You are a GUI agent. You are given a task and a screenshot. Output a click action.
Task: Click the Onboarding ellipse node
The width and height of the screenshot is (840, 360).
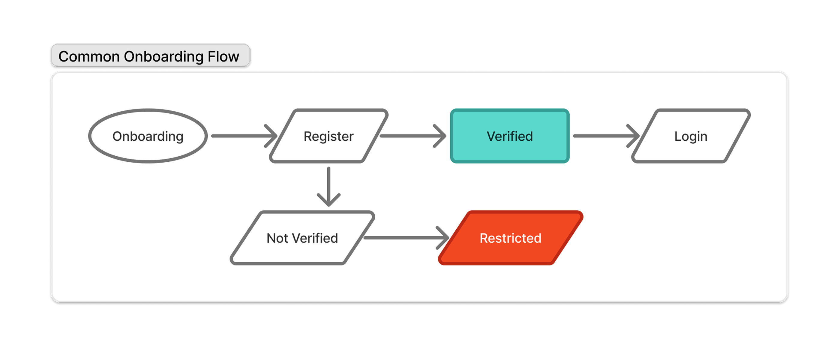[x=148, y=136]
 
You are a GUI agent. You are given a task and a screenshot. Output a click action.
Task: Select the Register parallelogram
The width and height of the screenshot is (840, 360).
[x=328, y=136]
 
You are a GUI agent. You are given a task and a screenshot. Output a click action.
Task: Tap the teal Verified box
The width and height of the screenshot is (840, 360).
[x=510, y=136]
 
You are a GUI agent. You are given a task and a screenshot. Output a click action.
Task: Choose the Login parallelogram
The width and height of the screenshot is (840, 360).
[x=691, y=136]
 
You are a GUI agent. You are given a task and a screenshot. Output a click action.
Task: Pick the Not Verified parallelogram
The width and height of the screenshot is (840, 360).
[x=302, y=238]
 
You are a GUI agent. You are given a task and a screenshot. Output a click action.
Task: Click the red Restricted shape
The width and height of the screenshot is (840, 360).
[x=510, y=238]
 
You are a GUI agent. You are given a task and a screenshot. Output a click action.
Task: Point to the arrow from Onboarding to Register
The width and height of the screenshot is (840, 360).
[x=241, y=136]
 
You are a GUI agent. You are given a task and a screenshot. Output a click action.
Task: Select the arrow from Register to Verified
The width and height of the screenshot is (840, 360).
[x=411, y=136]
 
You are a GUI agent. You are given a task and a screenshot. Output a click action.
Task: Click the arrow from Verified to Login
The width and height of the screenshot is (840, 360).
[x=603, y=136]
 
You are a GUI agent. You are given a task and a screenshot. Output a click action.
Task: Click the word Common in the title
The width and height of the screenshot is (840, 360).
[x=89, y=56]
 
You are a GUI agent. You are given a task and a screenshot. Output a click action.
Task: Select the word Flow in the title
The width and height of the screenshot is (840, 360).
[x=223, y=56]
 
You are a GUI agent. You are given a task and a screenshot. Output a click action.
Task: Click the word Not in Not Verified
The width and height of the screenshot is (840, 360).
[x=277, y=238]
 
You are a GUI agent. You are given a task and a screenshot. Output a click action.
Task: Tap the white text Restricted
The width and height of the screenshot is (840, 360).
[x=510, y=238]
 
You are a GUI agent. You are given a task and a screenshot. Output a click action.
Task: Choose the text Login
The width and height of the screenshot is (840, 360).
[x=691, y=136]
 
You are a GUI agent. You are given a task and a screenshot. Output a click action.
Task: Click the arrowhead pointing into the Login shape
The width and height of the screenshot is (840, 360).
[x=634, y=136]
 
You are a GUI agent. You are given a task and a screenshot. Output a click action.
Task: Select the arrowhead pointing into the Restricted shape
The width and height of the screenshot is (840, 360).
[x=444, y=238]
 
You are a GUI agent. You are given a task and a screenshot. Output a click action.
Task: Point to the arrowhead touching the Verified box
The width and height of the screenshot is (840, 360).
[x=441, y=136]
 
